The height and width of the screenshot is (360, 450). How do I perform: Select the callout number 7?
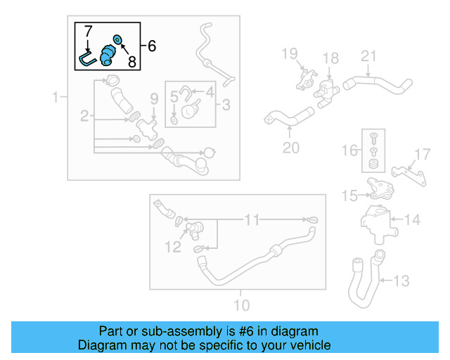(x=88, y=32)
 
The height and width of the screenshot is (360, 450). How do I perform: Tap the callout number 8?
(x=131, y=61)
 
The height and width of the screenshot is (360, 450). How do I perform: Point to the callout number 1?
(x=56, y=97)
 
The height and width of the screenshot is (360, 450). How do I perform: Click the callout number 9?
(x=153, y=97)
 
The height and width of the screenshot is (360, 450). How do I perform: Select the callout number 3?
(x=226, y=105)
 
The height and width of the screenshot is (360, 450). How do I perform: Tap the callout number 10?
(x=240, y=305)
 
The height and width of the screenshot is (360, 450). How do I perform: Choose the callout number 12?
(x=172, y=247)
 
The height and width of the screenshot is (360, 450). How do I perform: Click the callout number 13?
(x=400, y=282)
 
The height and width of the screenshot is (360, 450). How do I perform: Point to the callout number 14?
(x=412, y=220)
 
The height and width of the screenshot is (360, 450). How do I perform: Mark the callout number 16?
(x=349, y=151)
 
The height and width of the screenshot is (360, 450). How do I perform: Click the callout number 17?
(x=422, y=154)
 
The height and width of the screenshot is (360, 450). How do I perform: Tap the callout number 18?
(x=330, y=58)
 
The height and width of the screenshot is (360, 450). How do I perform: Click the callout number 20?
(x=290, y=148)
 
